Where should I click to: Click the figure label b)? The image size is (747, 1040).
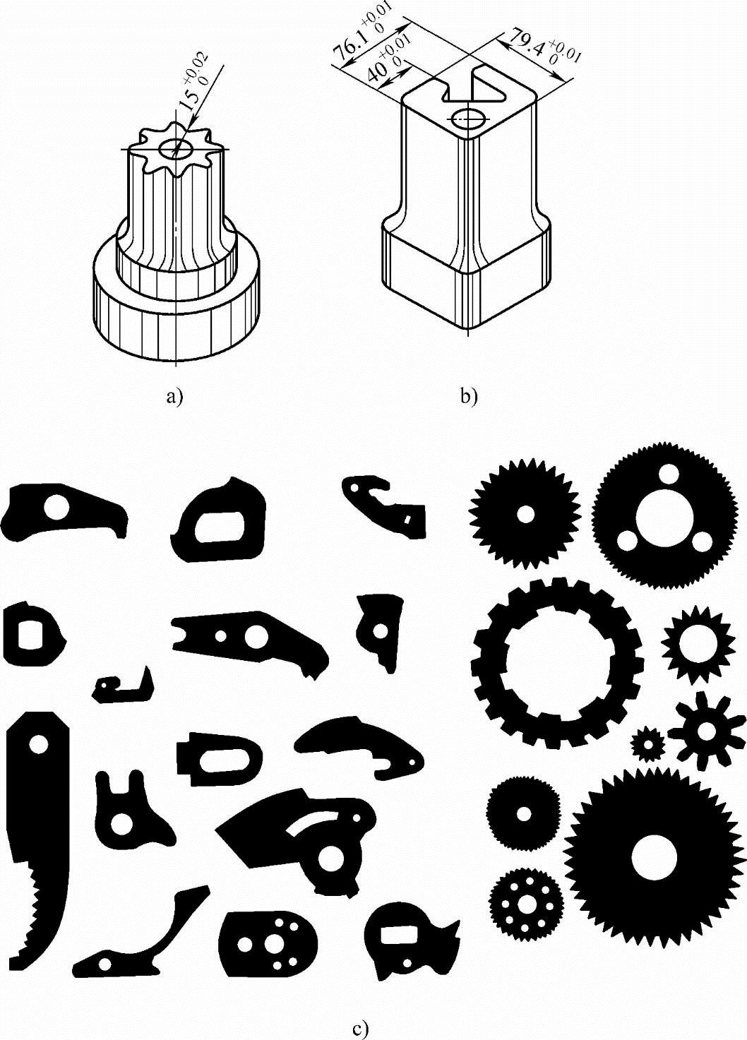point(469,398)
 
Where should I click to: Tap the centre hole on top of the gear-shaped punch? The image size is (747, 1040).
point(176,149)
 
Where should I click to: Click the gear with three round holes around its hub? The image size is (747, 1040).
point(665,515)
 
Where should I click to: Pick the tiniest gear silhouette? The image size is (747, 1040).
point(647,743)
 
